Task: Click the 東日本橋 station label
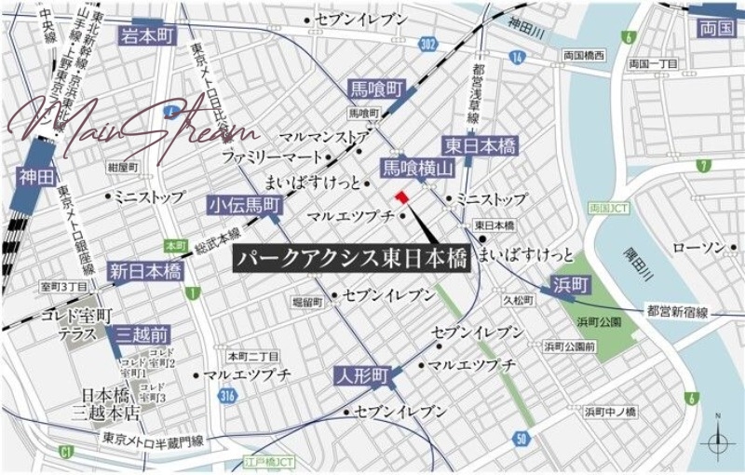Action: (x=481, y=146)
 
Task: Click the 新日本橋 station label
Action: (x=144, y=271)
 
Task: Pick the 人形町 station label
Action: (x=362, y=376)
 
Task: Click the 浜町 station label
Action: (x=568, y=284)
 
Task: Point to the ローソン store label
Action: (x=698, y=247)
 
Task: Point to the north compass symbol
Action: (x=717, y=441)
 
